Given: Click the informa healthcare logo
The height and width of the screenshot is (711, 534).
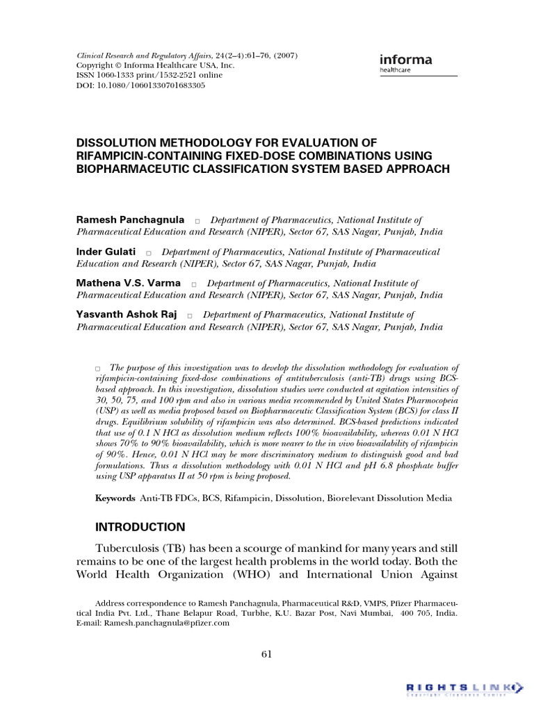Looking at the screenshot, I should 406,62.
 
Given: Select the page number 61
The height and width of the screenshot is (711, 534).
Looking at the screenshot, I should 267,654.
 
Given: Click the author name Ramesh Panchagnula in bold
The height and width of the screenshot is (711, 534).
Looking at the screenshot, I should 130,219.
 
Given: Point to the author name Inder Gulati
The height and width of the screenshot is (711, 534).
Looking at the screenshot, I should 106,251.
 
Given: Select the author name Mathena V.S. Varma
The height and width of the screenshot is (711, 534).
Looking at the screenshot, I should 128,283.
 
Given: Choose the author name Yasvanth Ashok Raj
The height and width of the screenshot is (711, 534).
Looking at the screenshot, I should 126,315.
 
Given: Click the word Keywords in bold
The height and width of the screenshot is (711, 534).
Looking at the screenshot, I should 115,499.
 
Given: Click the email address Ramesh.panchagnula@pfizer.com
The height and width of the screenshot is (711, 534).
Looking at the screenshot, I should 167,624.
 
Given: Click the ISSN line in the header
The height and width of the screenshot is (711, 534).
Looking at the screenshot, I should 155,75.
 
